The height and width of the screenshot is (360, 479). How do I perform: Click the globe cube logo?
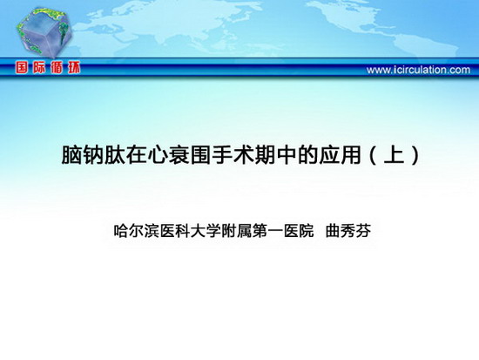pos(44,32)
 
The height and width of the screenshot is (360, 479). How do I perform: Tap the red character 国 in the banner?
pos(22,67)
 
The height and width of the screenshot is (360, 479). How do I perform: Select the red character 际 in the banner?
pos(39,67)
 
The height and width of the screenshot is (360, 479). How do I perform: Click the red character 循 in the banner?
pos(57,67)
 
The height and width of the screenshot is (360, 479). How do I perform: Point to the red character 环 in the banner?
pos(74,67)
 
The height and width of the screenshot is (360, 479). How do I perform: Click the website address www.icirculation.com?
pos(418,70)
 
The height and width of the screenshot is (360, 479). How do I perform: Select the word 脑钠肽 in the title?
pos(93,155)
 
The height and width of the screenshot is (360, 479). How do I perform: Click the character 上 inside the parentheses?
pos(394,155)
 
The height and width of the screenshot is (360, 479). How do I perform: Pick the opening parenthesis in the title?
pos(373,155)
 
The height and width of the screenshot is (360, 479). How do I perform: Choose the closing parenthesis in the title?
pos(415,155)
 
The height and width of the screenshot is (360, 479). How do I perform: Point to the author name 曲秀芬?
pos(348,231)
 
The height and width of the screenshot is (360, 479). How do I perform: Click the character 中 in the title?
pos(287,155)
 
